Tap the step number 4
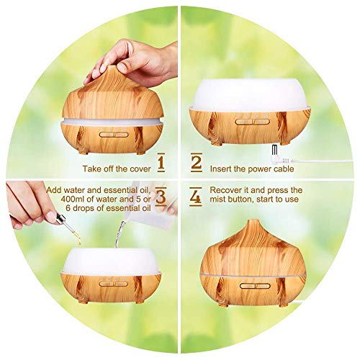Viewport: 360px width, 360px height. [x=197, y=197]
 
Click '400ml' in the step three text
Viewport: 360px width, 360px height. [x=58, y=199]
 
